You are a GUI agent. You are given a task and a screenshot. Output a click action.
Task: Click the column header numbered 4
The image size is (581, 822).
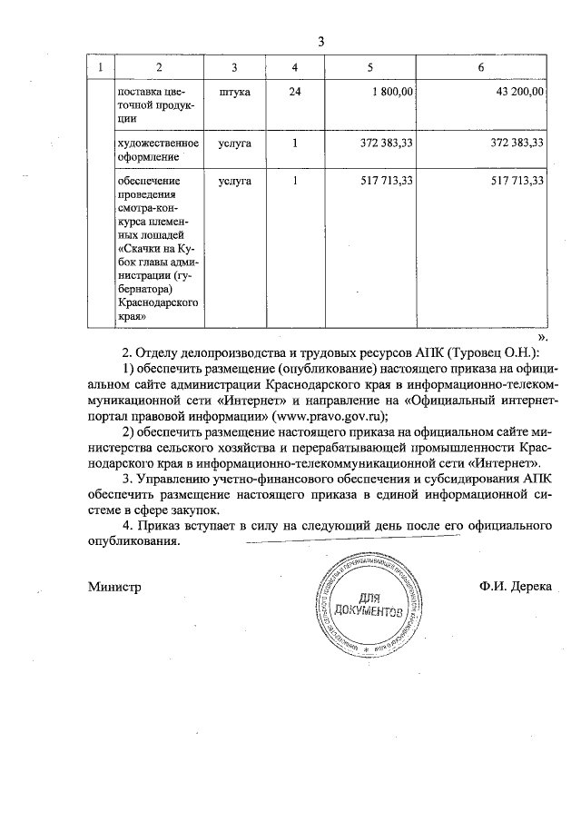point(294,67)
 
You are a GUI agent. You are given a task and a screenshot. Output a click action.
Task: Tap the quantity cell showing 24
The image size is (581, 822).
point(294,92)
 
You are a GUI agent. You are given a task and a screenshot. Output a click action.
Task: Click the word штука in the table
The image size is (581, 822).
point(235,92)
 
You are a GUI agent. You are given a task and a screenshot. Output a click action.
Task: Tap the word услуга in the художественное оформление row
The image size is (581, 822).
point(235,143)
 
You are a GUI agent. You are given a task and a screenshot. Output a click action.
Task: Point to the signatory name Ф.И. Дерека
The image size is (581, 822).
point(516,587)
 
